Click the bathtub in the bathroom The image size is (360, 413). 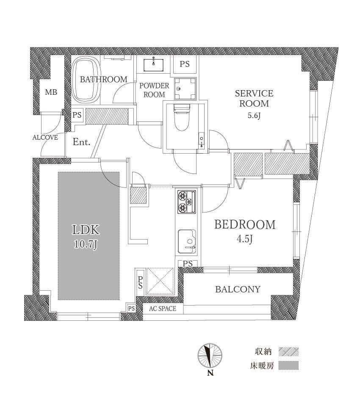click(86, 80)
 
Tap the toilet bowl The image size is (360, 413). click(182, 118)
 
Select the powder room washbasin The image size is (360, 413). click(153, 65)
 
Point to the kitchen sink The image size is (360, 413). click(187, 242)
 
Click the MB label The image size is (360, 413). click(51, 92)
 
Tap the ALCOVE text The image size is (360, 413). click(45, 137)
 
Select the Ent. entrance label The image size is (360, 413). click(81, 142)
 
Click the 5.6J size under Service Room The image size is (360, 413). click(254, 116)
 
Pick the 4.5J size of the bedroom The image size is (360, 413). click(245, 239)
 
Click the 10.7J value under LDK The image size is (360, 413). click(86, 245)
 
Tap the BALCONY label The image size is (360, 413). click(238, 289)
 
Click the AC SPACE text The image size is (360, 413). click(163, 308)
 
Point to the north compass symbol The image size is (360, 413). click(210, 356)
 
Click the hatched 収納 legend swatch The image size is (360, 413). click(288, 352)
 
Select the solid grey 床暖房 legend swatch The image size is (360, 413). click(288, 365)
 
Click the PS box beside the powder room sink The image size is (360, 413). click(185, 64)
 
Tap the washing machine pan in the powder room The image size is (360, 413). click(185, 88)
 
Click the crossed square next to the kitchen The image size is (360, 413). click(160, 281)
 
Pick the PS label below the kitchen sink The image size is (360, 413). click(188, 263)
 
